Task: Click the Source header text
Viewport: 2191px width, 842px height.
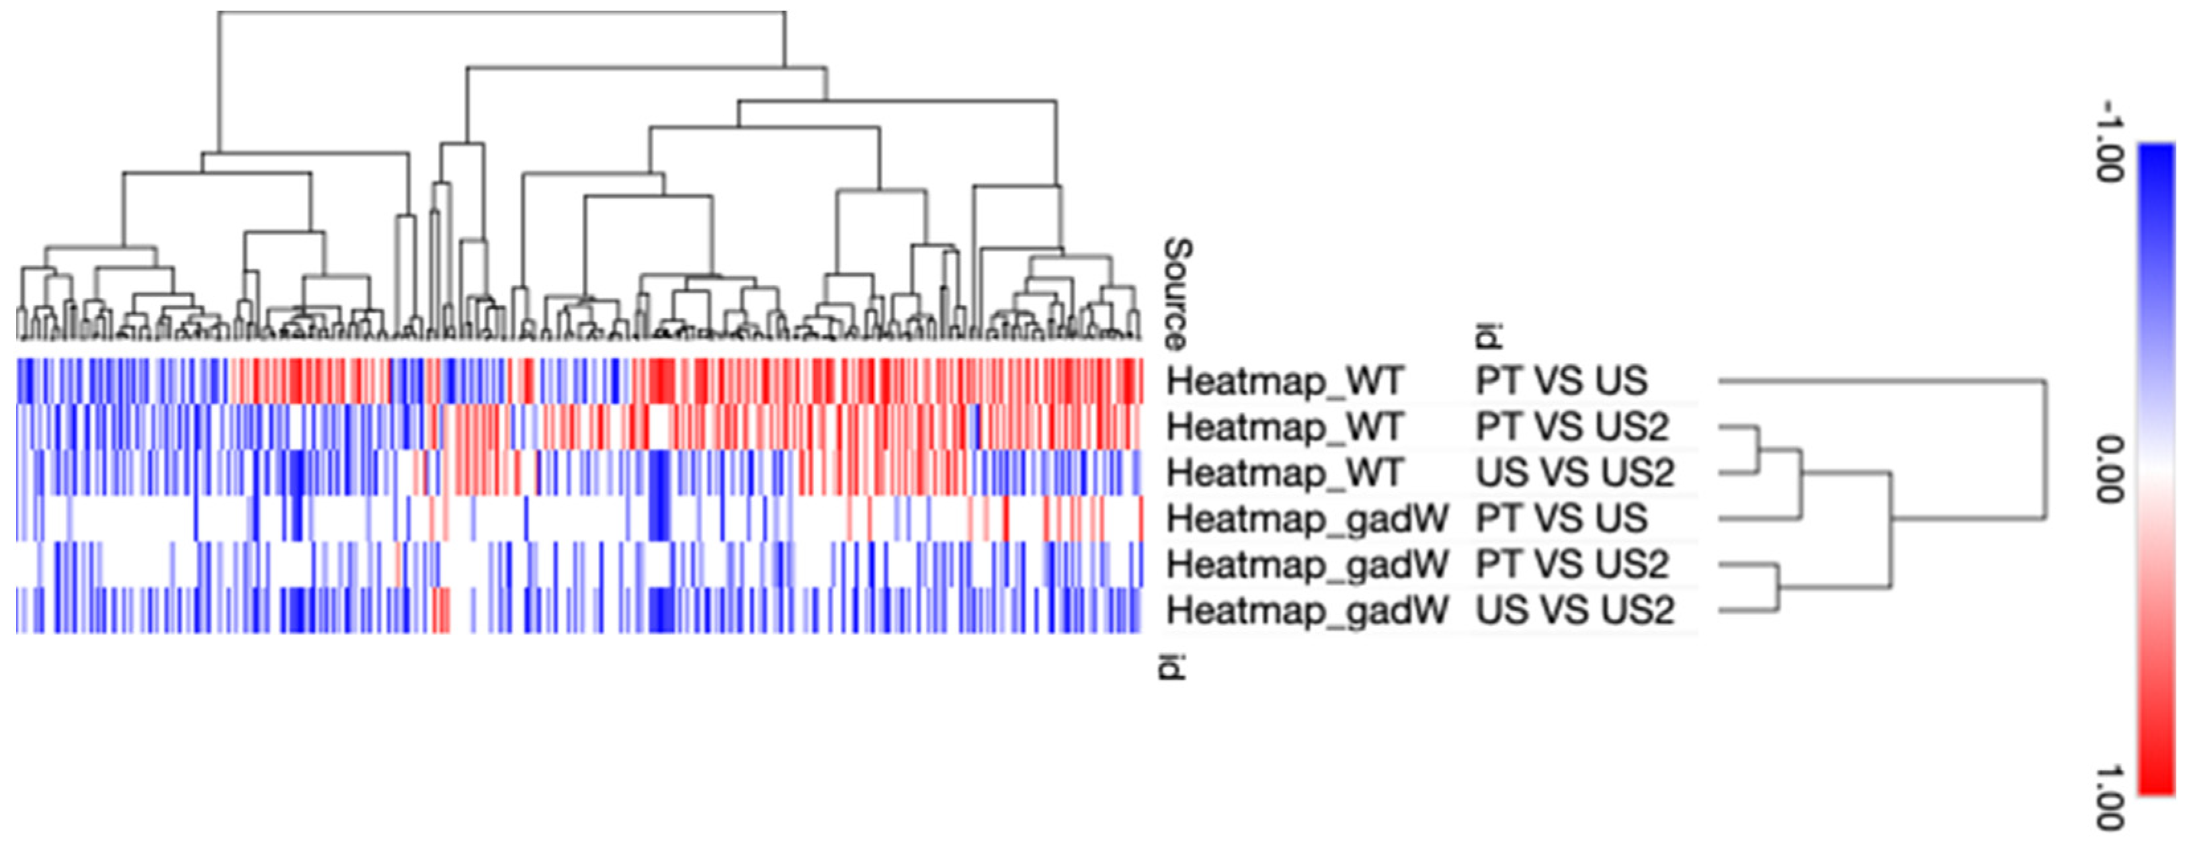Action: click(x=1177, y=294)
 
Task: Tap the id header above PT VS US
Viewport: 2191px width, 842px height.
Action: click(x=1487, y=336)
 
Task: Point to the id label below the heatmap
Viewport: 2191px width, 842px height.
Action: click(x=1172, y=666)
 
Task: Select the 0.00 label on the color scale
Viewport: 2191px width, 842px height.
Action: click(x=2110, y=469)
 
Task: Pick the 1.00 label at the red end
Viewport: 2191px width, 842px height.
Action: click(x=2110, y=797)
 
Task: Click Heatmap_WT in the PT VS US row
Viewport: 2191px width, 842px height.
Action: click(x=1285, y=381)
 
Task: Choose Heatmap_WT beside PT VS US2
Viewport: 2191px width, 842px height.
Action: click(x=1285, y=427)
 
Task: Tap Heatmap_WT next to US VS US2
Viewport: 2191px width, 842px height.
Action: click(x=1285, y=473)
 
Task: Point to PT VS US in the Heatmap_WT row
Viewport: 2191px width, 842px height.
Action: click(x=1561, y=381)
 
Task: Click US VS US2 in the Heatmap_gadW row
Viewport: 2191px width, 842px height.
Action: click(x=1575, y=610)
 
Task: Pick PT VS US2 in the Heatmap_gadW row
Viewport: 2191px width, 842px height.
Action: click(x=1573, y=565)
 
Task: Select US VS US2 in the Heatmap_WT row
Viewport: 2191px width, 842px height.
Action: click(x=1575, y=473)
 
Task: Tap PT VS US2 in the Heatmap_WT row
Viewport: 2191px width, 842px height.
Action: click(x=1573, y=427)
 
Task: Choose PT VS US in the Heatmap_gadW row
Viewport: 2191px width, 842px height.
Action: click(x=1561, y=519)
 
